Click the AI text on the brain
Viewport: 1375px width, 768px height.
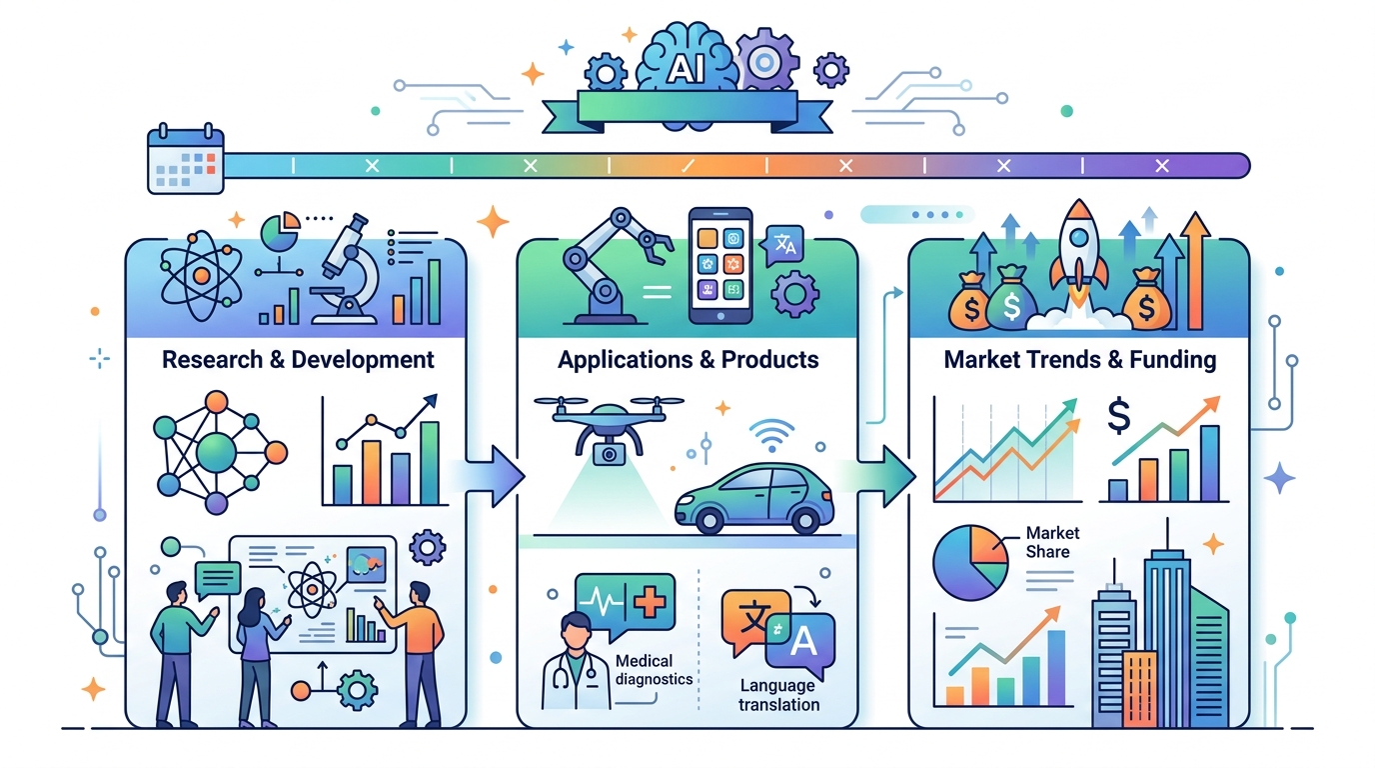coord(686,69)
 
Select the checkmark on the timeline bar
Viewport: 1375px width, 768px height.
coord(687,165)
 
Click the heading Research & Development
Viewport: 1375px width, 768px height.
coord(298,359)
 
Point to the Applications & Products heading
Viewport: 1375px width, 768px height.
coord(687,359)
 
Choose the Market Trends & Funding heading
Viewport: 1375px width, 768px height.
coord(1080,359)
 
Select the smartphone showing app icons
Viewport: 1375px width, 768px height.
coord(720,265)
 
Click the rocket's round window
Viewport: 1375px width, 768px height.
coord(1079,237)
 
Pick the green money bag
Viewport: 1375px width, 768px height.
coord(1011,297)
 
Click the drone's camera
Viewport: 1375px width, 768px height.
coord(609,454)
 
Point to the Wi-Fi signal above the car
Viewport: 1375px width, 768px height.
coord(771,435)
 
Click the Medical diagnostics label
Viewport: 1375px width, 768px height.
coord(654,670)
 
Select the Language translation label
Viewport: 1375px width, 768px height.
coord(778,694)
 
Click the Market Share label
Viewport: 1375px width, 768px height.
coord(1052,542)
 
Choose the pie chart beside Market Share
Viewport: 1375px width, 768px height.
coord(970,562)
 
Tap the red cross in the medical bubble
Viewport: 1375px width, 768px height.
coord(649,601)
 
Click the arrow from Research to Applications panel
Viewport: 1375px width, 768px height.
coord(491,476)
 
